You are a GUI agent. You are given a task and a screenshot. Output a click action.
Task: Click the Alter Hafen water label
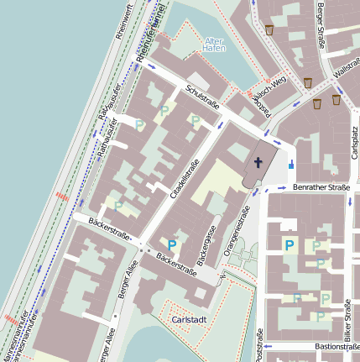tap(215, 45)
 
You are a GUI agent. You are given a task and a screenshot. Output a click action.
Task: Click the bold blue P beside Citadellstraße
tap(172, 245)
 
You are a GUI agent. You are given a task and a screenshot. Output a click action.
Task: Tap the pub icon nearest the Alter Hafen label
tap(269, 30)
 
